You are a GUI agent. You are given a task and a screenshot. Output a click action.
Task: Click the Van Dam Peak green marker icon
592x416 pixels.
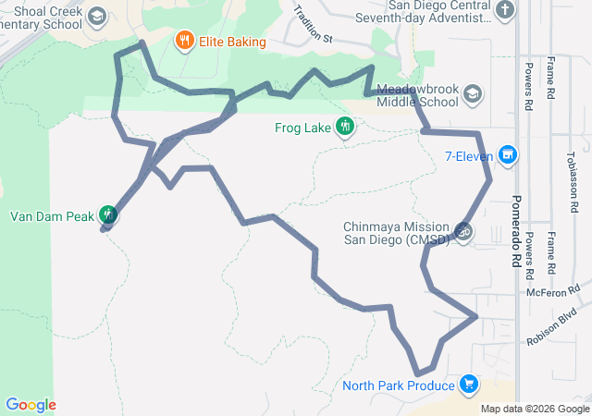pos(108,215)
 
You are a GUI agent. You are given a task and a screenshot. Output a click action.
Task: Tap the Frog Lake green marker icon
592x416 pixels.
pos(345,127)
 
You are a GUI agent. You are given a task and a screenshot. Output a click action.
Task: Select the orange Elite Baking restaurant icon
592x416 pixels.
pos(184,42)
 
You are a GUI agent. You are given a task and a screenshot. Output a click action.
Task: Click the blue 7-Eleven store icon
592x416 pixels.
pos(507,155)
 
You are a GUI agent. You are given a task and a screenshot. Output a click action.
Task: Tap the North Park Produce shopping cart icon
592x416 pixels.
pos(469,385)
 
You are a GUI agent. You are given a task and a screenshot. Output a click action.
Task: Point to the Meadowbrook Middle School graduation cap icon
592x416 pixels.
pos(473,94)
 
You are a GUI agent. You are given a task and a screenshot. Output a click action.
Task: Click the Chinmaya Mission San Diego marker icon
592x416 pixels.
pos(463,230)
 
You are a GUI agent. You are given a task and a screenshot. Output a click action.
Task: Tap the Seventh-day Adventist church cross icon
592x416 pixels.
pos(504,11)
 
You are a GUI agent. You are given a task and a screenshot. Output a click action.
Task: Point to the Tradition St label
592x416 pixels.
pos(312,25)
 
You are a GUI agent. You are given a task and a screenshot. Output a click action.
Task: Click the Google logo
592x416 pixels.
pos(31,405)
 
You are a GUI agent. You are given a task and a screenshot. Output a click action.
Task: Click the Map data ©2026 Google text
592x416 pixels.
pos(535,410)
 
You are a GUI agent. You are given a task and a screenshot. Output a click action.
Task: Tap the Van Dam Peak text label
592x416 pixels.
pos(52,217)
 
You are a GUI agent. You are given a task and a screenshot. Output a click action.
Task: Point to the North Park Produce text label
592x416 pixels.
pos(398,385)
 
